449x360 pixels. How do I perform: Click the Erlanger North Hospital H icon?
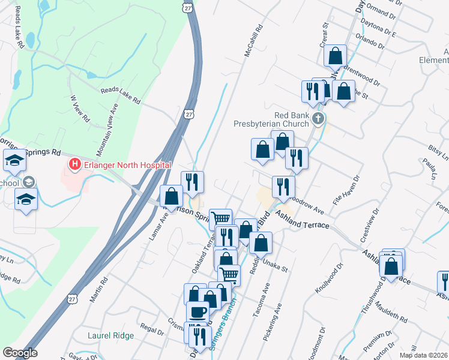point(75,164)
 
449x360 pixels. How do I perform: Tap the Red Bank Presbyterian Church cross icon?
point(318,119)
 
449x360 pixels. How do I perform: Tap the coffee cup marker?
point(197,311)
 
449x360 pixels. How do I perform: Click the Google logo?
point(20,353)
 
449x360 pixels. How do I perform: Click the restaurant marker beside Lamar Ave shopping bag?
point(192,181)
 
